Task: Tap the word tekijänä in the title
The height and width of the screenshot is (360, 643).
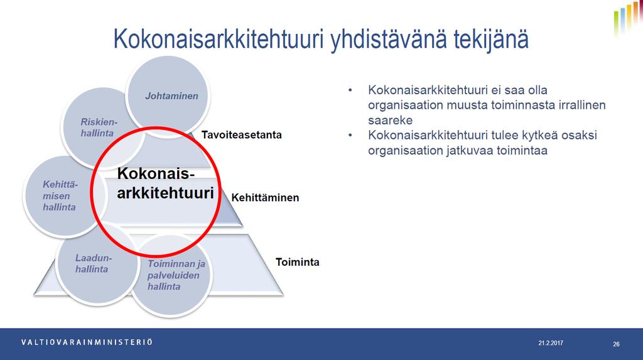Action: click(490, 40)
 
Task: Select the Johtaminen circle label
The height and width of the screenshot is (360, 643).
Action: click(171, 96)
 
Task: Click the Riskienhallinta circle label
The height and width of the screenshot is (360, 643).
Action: click(99, 128)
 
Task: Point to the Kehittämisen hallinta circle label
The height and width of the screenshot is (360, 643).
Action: click(60, 196)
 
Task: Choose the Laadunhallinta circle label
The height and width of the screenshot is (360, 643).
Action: click(93, 263)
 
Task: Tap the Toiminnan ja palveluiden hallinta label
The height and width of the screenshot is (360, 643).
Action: click(176, 275)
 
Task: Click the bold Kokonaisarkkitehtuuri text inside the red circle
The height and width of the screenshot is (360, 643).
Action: click(165, 183)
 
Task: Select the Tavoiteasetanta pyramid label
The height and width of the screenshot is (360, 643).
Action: click(242, 135)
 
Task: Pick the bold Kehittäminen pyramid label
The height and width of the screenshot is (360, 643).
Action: click(266, 198)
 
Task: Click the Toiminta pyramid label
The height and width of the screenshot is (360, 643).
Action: click(297, 262)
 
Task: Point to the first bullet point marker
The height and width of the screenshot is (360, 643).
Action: click(350, 90)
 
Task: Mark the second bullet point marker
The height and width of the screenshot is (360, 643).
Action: click(350, 135)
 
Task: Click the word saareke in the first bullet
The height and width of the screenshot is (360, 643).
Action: click(390, 120)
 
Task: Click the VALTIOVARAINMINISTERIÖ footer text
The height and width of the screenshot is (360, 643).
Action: click(87, 342)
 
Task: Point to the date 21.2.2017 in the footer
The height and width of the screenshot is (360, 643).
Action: click(551, 343)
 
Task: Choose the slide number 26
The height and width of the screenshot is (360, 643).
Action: click(617, 344)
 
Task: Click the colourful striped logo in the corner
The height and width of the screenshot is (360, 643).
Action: click(627, 18)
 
